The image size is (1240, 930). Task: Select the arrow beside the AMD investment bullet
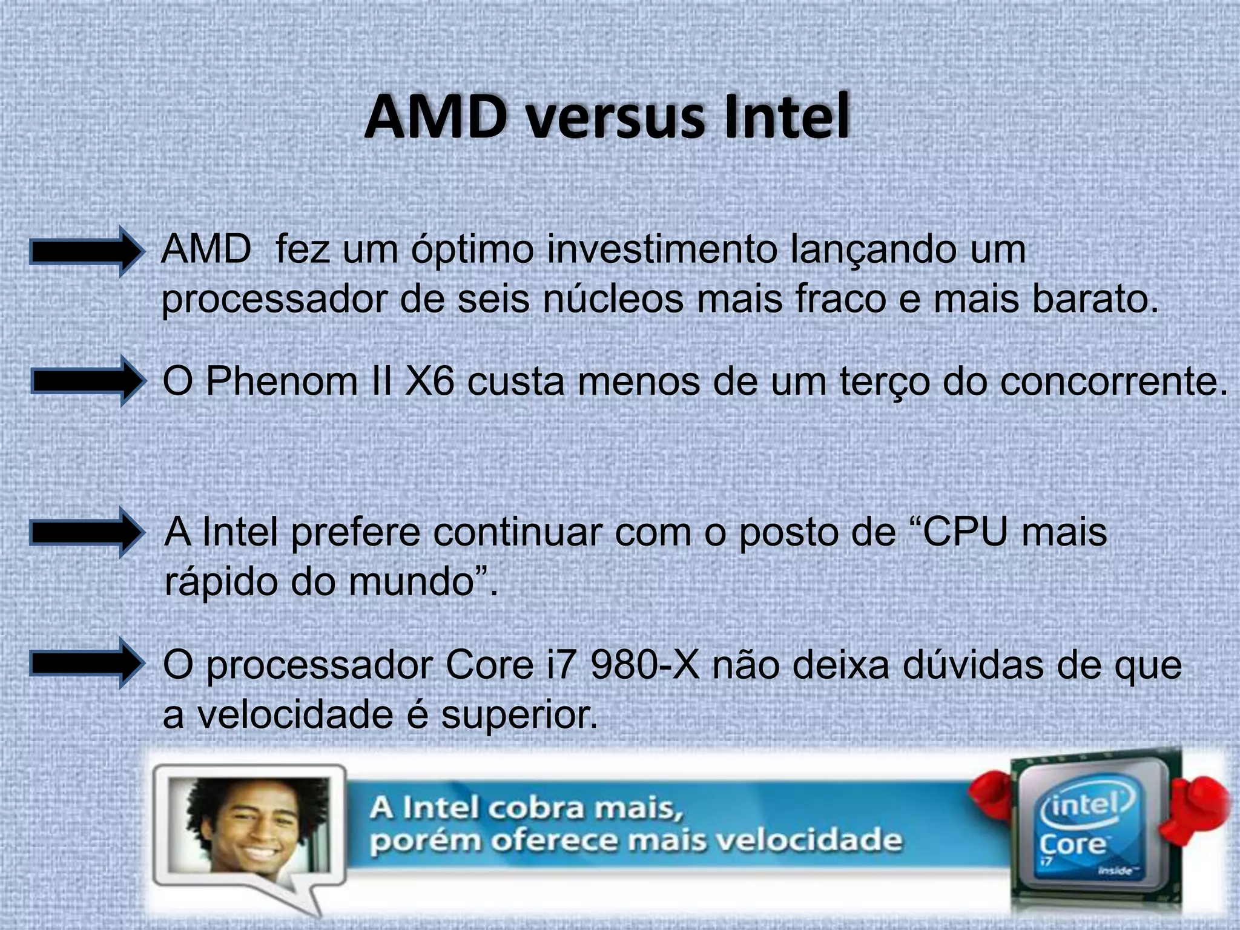[87, 251]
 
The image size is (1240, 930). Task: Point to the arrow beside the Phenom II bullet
[88, 381]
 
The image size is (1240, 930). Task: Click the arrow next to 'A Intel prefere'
[87, 533]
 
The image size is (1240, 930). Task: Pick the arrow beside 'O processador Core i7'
[87, 664]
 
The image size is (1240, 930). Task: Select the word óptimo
[472, 250]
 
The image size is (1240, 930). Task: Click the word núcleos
[612, 299]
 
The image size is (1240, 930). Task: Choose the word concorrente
[1113, 382]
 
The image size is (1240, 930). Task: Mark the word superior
[519, 715]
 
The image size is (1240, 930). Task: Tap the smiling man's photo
[249, 826]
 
